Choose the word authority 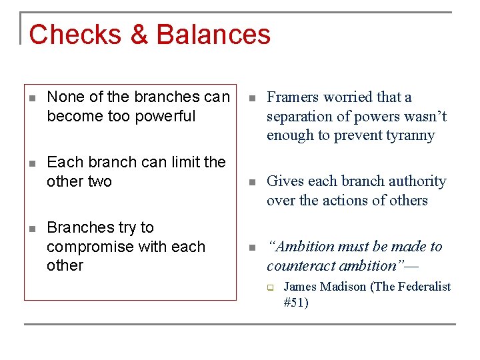point(414,181)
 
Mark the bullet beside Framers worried point(251,98)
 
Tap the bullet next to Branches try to point(32,229)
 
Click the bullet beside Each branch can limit point(32,163)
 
